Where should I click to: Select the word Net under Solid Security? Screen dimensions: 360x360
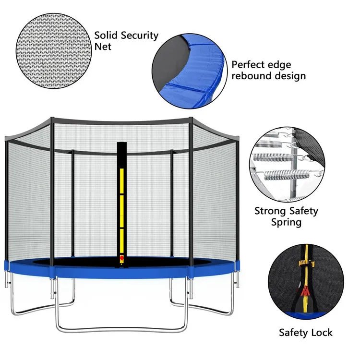(103, 47)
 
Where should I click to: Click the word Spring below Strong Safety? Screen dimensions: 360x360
(286, 222)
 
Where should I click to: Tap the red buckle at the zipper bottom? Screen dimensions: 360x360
(122, 260)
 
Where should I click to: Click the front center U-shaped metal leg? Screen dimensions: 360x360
(122, 329)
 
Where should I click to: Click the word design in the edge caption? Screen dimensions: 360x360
(289, 76)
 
